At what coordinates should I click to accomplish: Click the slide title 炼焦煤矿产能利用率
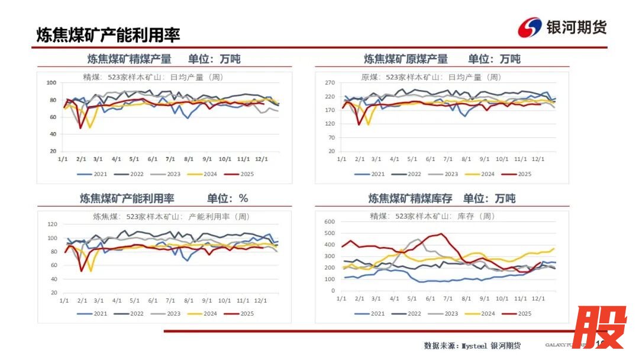tap(108, 34)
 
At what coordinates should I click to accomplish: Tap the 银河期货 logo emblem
tap(530, 27)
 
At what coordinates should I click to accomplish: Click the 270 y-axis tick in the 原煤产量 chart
tap(330, 83)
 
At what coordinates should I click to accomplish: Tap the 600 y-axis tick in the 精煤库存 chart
tap(330, 221)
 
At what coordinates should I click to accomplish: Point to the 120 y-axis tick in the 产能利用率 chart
tap(51, 224)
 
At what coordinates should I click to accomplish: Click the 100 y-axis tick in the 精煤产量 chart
tap(51, 83)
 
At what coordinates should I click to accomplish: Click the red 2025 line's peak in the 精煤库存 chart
tap(441, 234)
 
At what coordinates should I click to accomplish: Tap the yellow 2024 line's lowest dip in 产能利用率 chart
tap(91, 271)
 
